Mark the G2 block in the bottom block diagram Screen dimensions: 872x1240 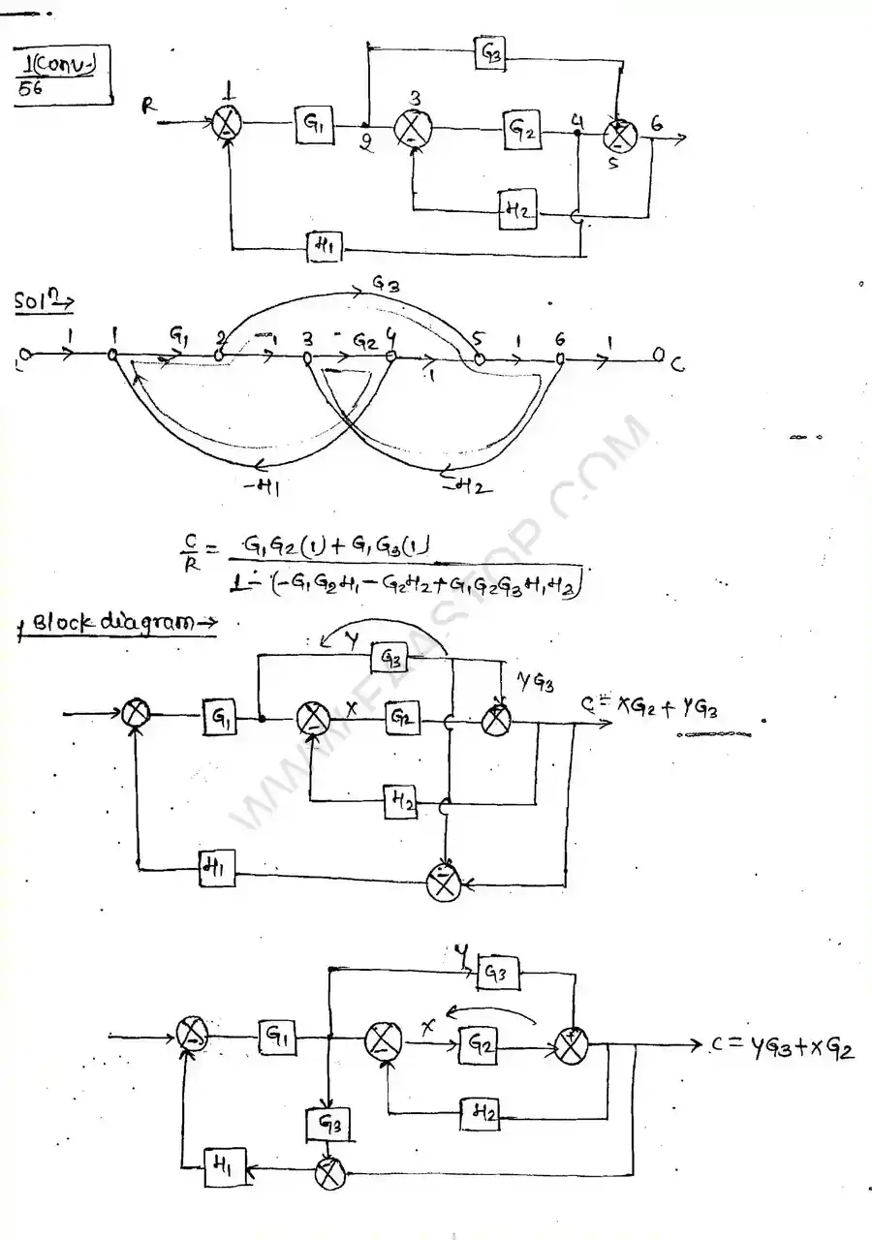tap(481, 1044)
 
